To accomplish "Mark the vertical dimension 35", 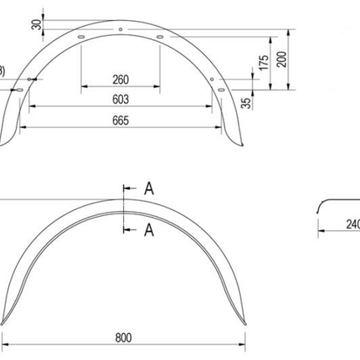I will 245,102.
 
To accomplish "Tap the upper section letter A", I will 147,189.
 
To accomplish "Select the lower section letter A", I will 147,228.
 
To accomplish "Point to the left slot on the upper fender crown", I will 81,39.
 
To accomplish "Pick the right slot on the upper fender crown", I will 158,38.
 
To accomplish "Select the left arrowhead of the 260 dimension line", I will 84,88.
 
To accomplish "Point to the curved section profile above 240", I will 331,203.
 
